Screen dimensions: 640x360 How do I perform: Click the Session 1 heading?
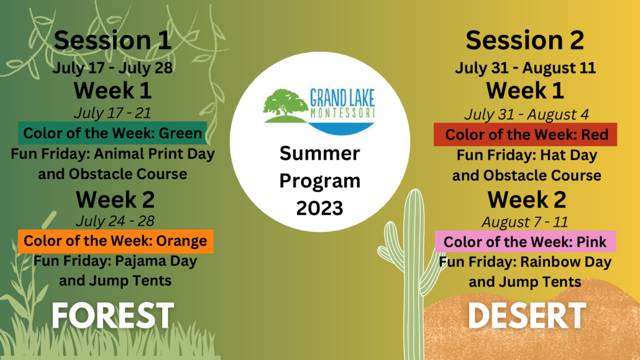(112, 40)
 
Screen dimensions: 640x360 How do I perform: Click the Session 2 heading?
(524, 40)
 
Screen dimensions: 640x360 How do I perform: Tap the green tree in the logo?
(286, 103)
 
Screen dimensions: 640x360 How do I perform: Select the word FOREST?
(113, 315)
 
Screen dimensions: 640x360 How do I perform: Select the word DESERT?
(527, 315)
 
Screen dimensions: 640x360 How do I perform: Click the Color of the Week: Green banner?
(112, 133)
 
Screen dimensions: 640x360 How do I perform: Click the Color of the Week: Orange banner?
(116, 241)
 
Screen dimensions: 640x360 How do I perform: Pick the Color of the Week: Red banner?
(525, 134)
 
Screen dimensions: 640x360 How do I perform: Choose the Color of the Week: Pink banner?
(525, 242)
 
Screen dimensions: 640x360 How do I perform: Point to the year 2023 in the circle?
(319, 208)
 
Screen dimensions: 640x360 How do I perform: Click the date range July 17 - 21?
(112, 113)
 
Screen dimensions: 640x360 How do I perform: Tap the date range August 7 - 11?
(525, 222)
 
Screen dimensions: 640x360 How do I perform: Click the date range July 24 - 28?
(115, 221)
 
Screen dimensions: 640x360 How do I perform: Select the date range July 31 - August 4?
(526, 114)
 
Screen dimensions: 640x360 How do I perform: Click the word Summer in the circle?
(319, 154)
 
